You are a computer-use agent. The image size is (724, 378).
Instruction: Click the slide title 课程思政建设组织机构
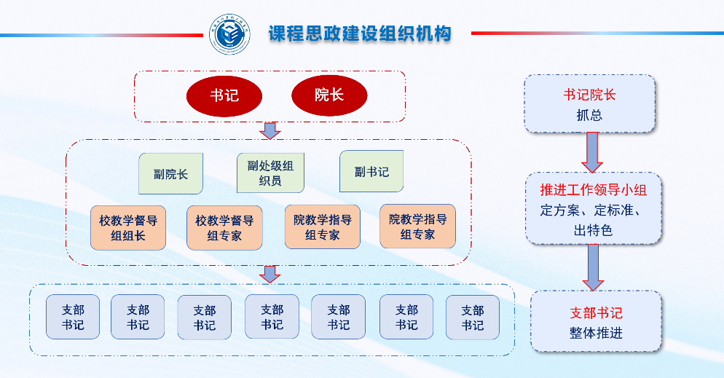[x=360, y=34]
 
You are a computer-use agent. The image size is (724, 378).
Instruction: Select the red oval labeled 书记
[x=224, y=95]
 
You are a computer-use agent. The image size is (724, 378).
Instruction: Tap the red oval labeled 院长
[x=329, y=95]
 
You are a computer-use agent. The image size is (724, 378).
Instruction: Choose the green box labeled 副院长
[x=171, y=173]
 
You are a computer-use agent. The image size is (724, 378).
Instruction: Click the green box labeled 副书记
[x=371, y=172]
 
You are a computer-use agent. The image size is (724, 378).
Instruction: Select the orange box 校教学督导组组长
[x=128, y=227]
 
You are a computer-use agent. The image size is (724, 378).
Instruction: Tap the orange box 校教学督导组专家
[x=224, y=227]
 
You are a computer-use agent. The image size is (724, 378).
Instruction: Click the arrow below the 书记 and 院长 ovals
[x=271, y=131]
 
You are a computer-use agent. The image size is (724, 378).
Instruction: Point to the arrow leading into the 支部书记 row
[x=271, y=275]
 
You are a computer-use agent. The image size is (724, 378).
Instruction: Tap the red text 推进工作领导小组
[x=593, y=191]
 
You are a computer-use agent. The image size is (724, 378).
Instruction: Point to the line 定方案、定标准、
[x=593, y=211]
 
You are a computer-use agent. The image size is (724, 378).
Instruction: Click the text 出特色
[x=593, y=230]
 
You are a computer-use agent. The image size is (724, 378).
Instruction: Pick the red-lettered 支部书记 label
[x=596, y=313]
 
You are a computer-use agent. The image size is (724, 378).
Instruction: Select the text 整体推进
[x=596, y=333]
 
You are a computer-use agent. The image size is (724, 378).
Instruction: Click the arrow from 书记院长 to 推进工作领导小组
[x=592, y=151]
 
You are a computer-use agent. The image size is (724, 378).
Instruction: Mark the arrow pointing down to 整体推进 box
[x=592, y=267]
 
